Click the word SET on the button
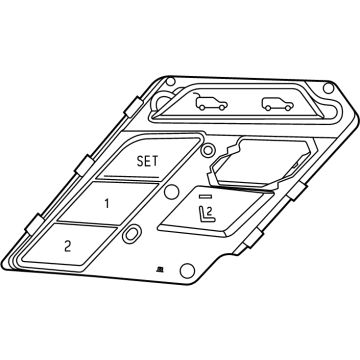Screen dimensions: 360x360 point(147,161)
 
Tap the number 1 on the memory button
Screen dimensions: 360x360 point(107,203)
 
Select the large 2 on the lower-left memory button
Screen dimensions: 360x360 point(68,246)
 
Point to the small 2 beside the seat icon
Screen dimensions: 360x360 point(209,211)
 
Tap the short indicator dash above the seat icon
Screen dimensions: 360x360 point(205,197)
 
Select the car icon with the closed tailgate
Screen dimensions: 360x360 point(277,104)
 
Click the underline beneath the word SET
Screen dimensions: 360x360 point(131,176)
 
